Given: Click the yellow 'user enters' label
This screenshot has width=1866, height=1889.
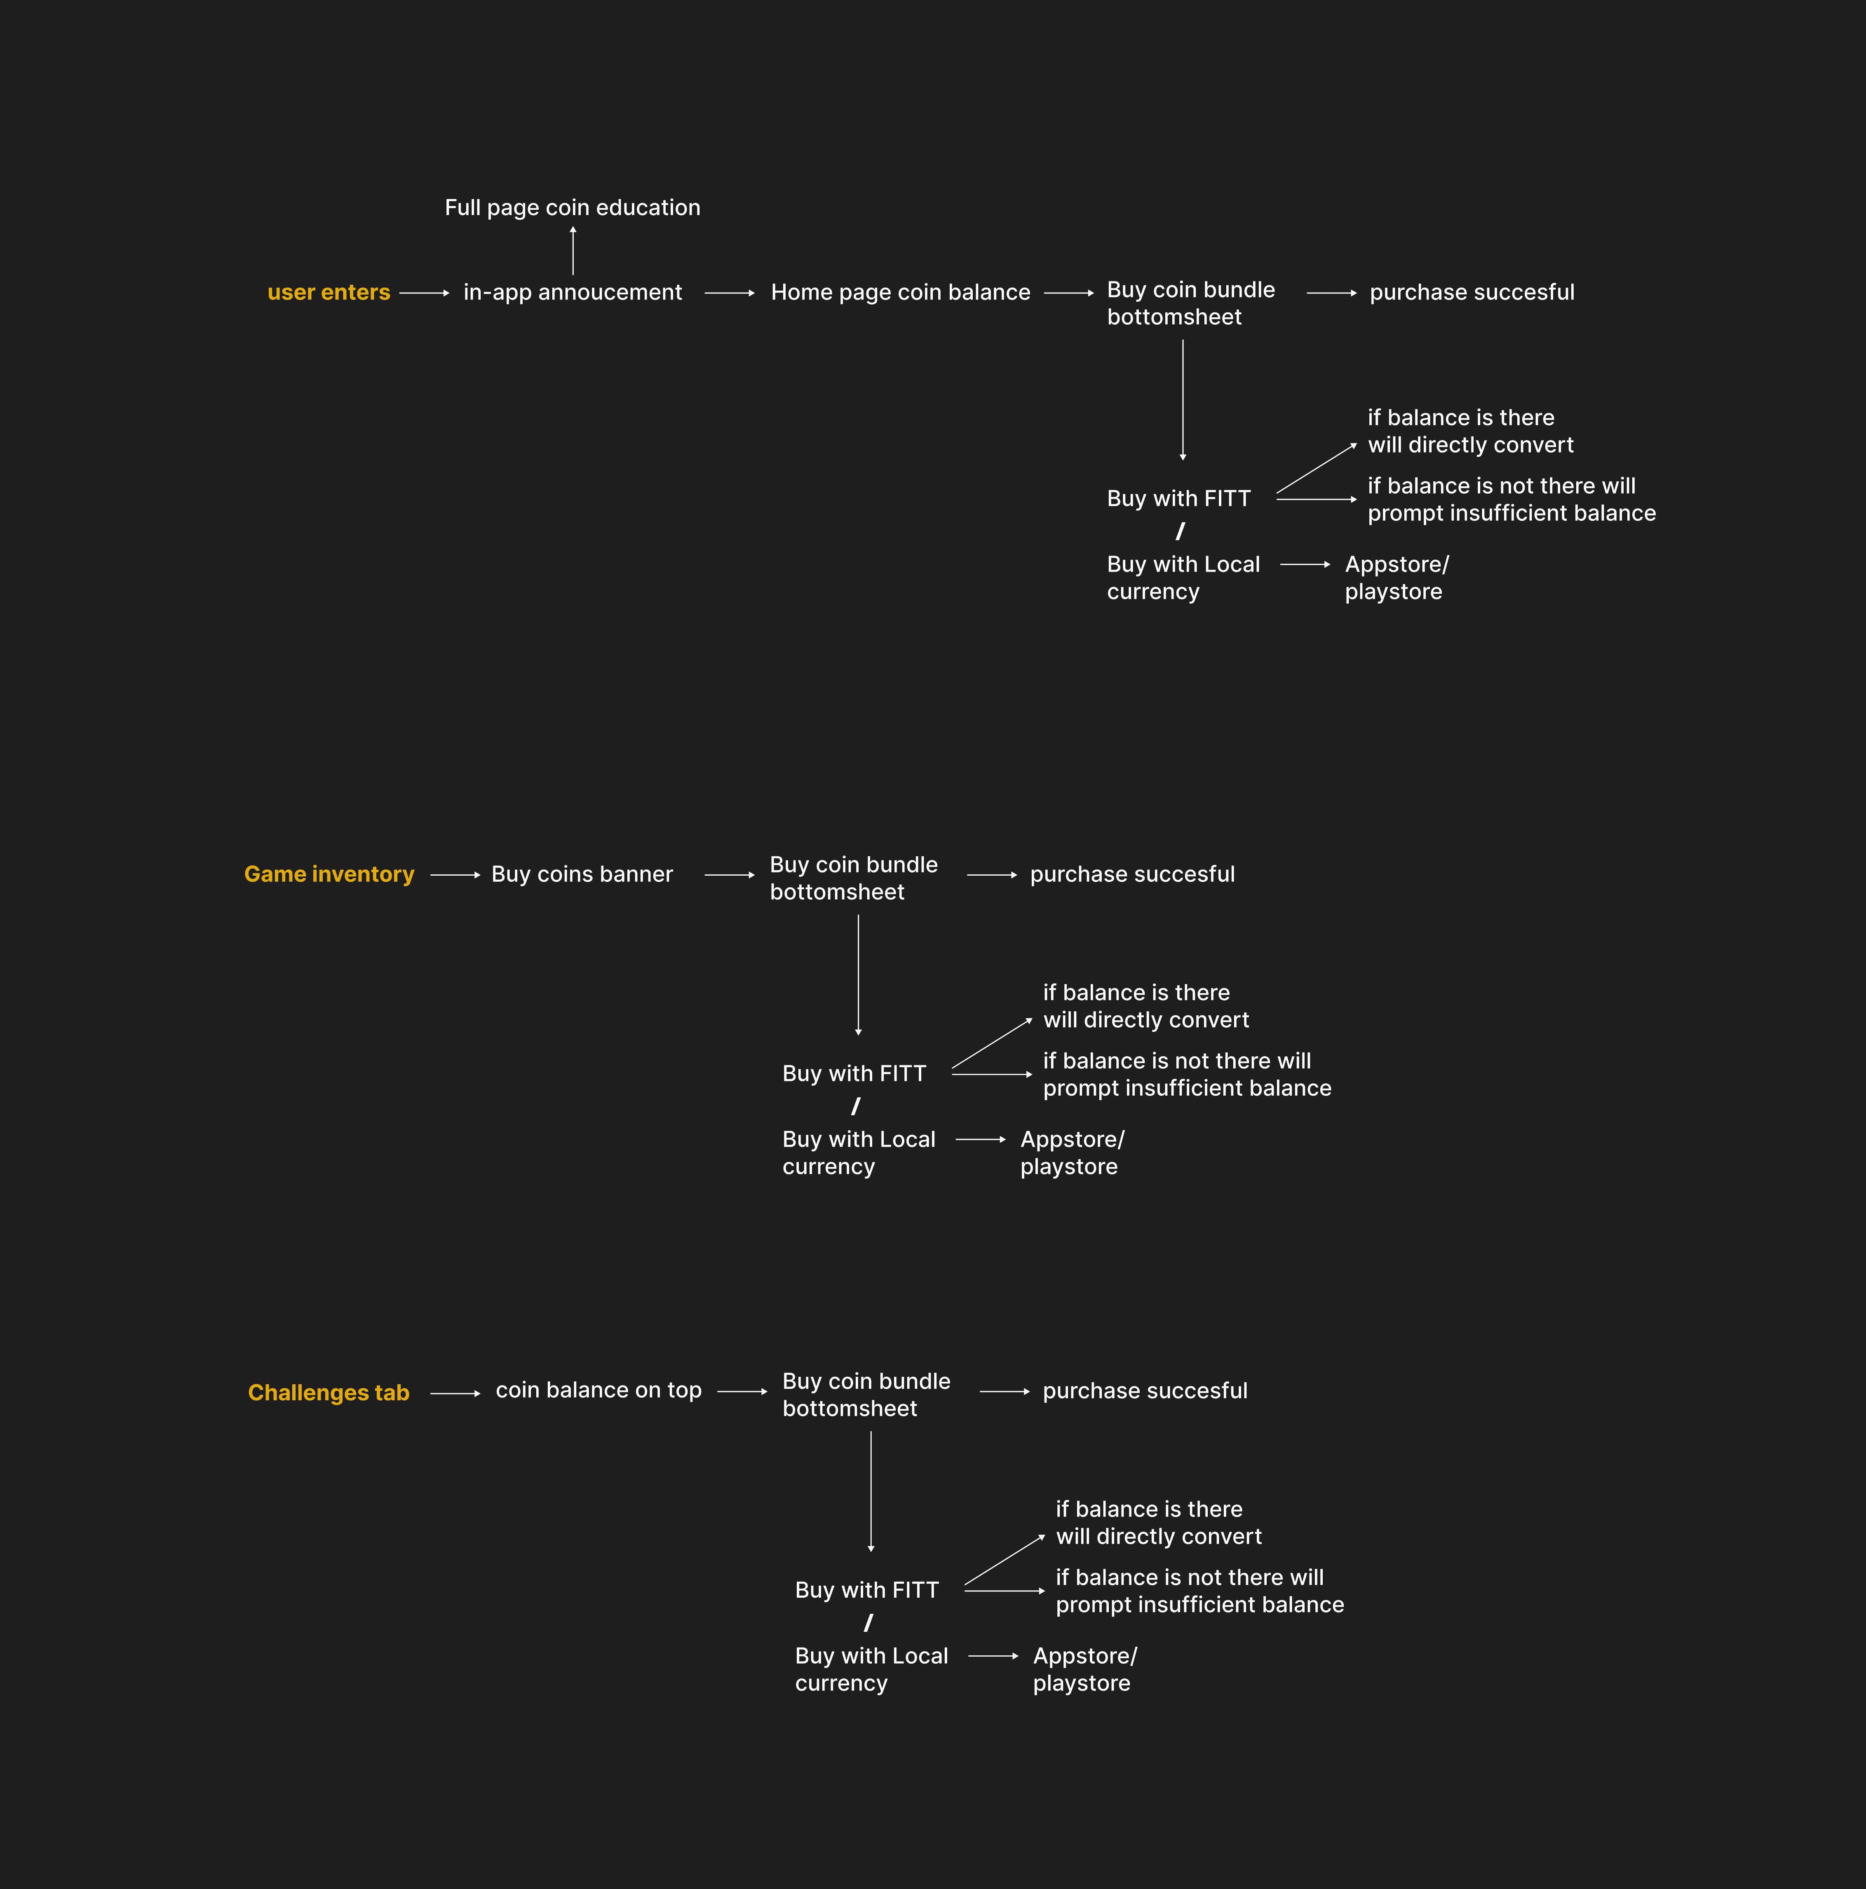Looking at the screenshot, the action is pos(329,292).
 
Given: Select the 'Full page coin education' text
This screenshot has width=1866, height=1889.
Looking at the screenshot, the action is pos(572,207).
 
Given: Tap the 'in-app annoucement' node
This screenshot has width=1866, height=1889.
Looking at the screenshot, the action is pos(572,292).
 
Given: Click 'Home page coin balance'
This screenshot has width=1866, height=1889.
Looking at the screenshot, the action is pos(900,292).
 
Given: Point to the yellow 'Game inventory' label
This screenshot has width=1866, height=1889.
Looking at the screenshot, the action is pos(329,874).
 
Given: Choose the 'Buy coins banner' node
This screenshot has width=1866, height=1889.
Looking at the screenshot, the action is pos(582,874).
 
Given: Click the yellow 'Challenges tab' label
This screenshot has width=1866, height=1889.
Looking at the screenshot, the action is pos(329,1392).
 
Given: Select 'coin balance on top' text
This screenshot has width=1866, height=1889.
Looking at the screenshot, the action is pos(599,1390).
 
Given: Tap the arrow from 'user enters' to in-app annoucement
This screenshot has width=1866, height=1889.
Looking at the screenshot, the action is pos(423,292).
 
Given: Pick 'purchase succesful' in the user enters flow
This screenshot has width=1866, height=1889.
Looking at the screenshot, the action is pos(1471,292).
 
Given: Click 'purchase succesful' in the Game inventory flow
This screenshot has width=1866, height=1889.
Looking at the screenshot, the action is pos(1131,874).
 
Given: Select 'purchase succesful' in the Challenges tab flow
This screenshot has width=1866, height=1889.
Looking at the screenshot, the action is pos(1144,1390).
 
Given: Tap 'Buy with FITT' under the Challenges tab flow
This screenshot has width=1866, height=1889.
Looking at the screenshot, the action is pos(866,1590).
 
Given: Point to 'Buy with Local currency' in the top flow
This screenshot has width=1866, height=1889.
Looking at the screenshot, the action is pos(1183,578).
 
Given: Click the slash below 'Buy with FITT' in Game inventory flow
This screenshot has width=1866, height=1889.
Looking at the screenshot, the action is pos(856,1106).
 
